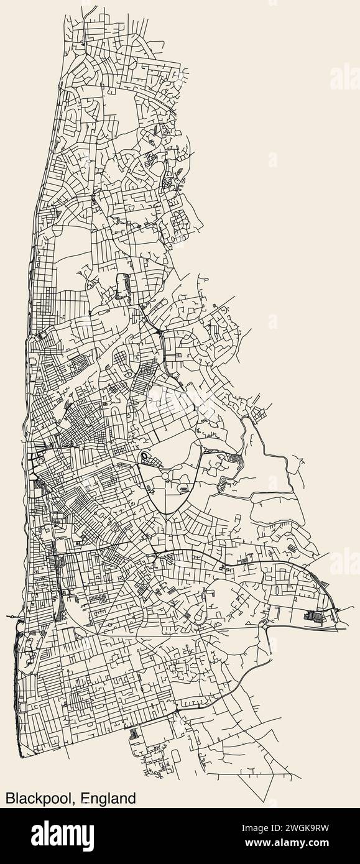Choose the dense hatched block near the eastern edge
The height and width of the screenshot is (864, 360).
(315, 617)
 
